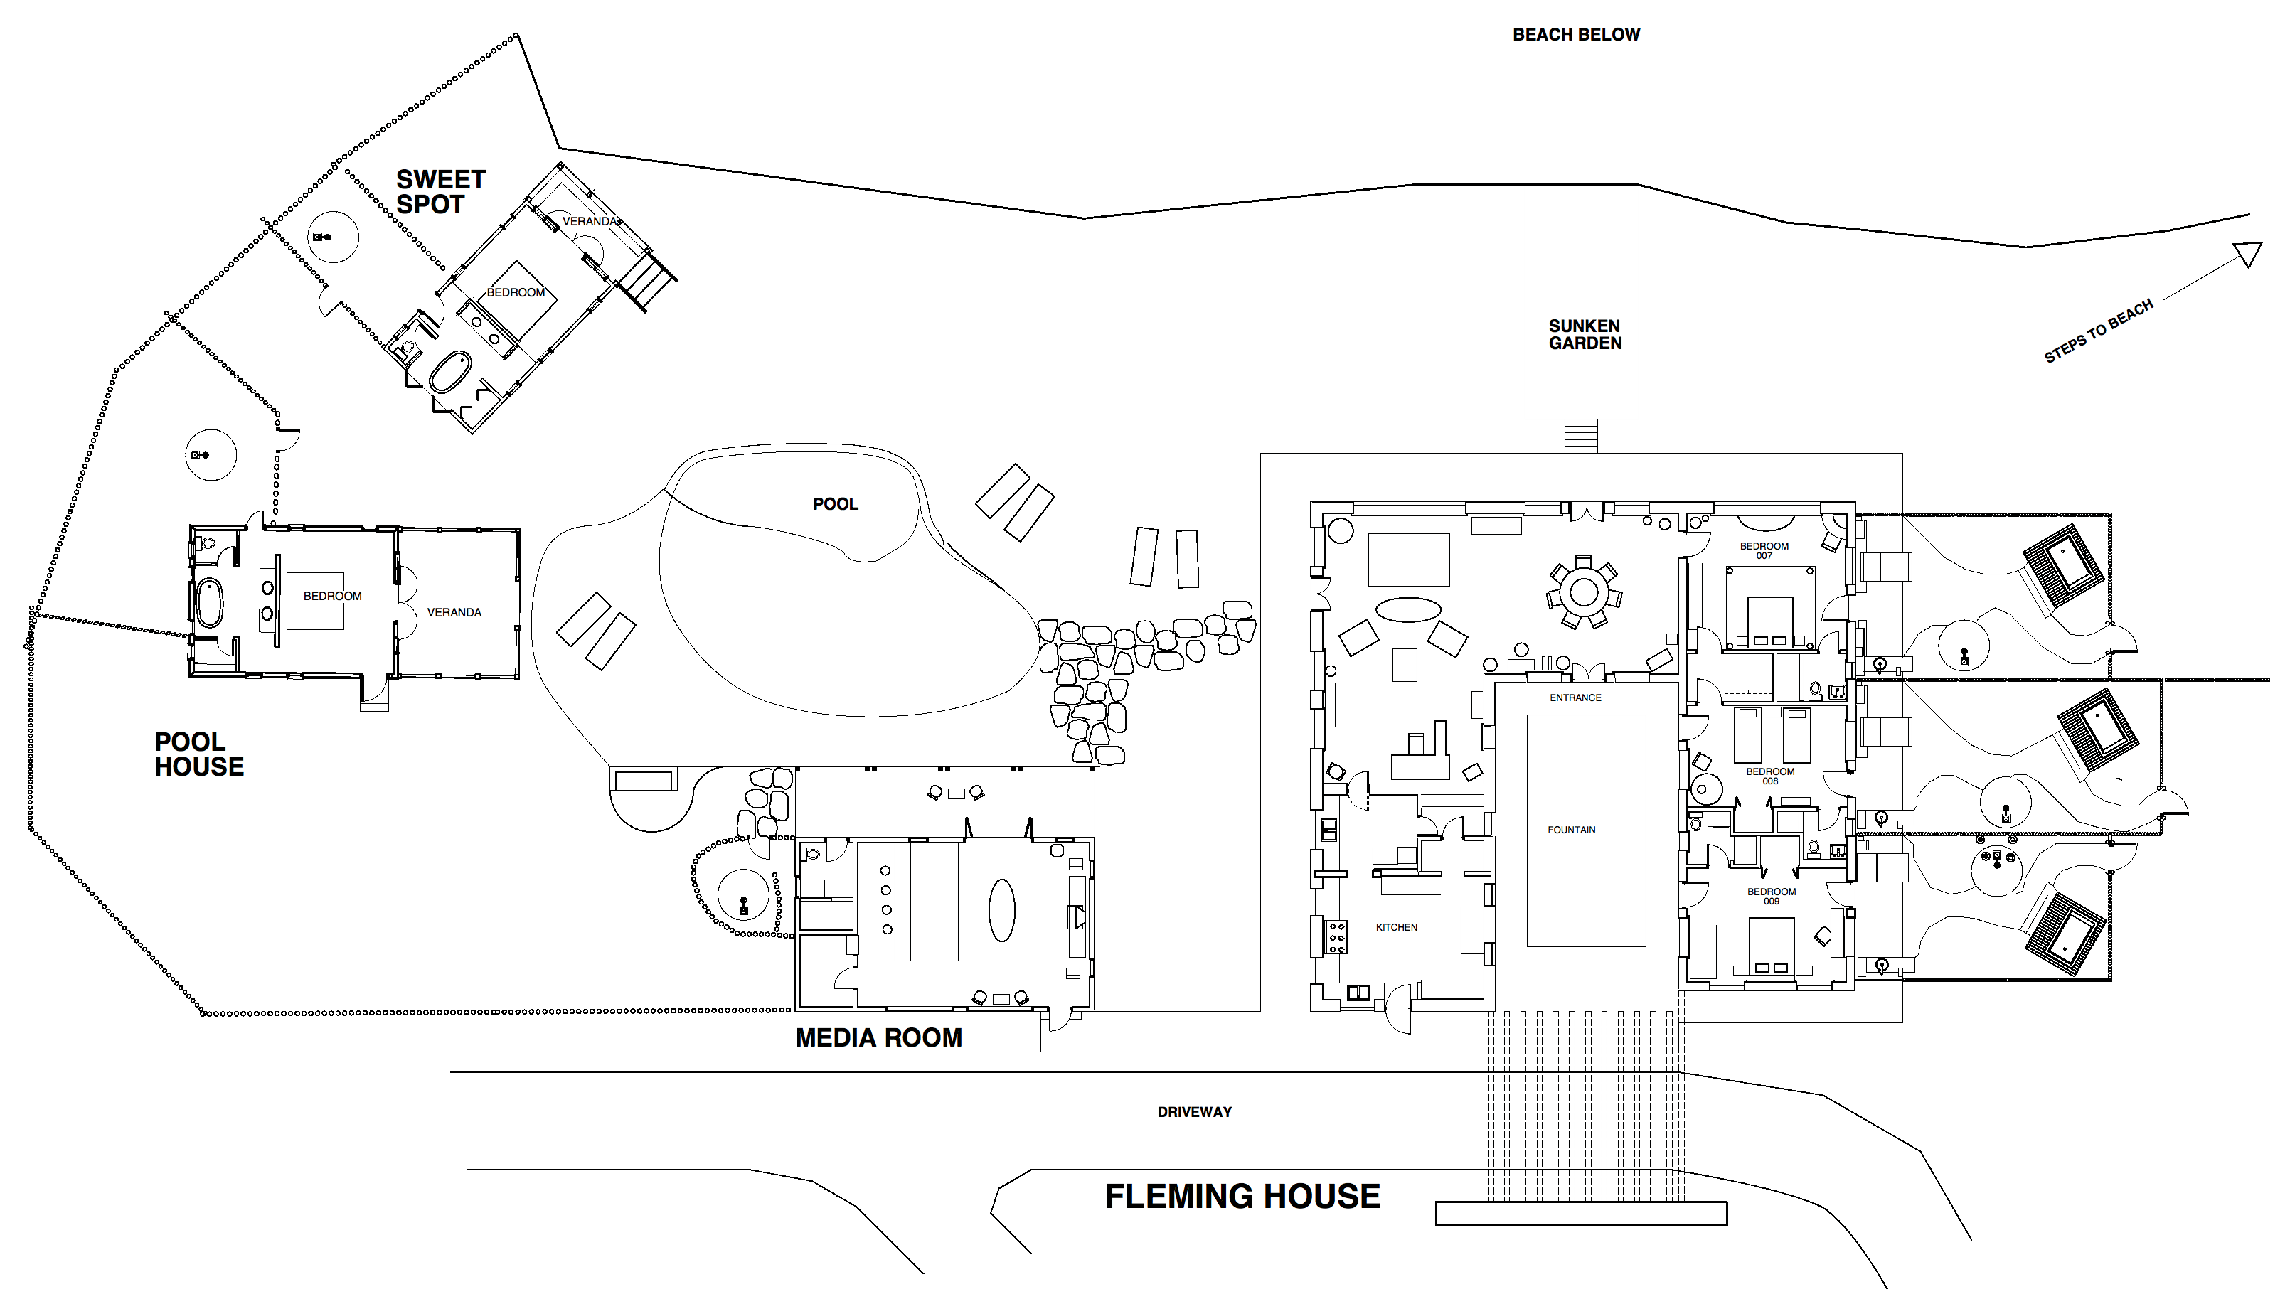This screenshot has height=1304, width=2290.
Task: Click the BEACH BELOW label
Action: point(1575,35)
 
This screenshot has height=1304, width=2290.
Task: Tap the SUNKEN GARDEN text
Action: point(1585,334)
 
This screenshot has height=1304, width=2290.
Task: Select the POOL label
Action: point(835,504)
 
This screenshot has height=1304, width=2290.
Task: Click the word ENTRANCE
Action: point(1575,698)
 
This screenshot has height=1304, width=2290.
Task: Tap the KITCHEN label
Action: point(1396,928)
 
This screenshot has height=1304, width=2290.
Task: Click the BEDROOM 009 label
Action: point(1771,897)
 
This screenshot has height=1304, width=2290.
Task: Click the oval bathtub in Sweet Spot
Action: point(450,373)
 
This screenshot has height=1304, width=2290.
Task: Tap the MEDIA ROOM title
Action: point(878,1038)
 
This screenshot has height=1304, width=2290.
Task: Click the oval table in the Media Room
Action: point(1001,910)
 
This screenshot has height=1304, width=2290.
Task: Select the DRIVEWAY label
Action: point(1194,1112)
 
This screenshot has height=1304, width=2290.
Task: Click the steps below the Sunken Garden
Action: point(1581,436)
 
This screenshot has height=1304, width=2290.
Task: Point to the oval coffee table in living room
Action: point(1408,610)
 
